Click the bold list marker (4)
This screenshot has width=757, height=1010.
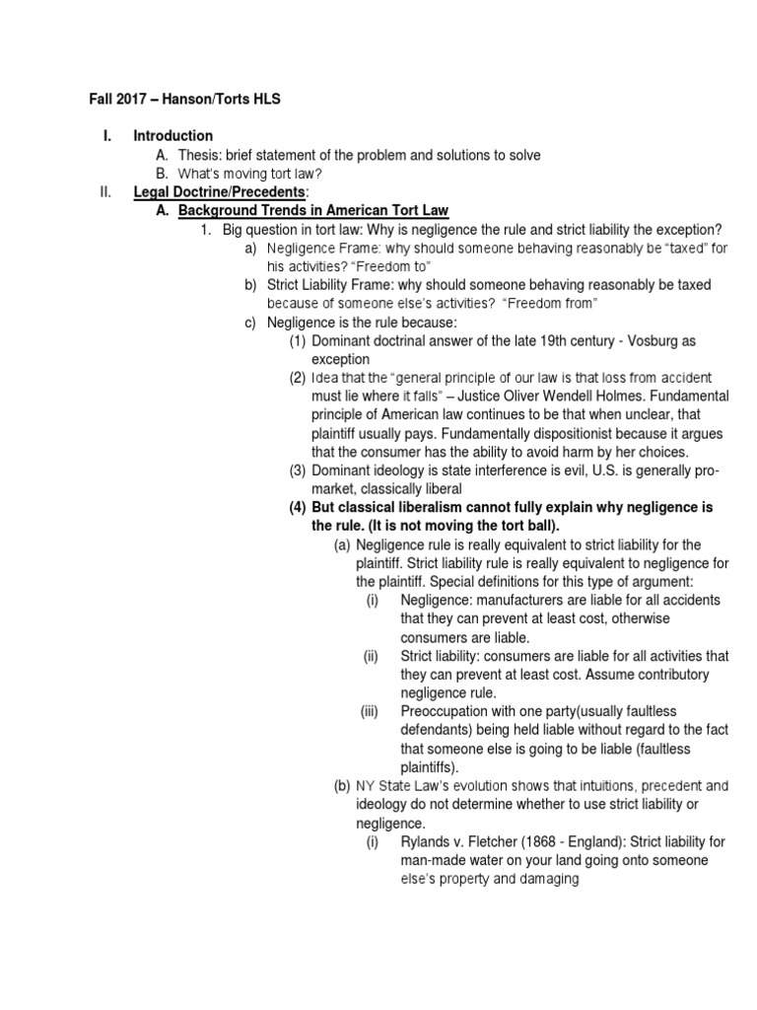point(298,507)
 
